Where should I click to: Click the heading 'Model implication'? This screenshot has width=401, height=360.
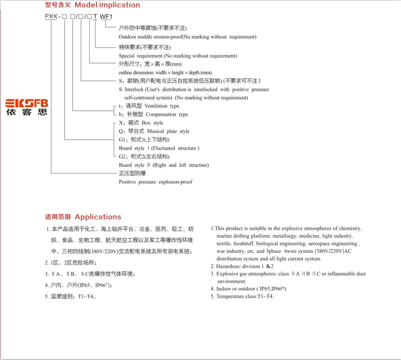pyautogui.click(x=108, y=5)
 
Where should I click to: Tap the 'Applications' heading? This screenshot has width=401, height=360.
pyautogui.click(x=98, y=217)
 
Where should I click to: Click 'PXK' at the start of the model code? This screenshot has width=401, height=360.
pyautogui.click(x=52, y=16)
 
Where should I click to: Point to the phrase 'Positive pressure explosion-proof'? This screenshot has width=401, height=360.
pyautogui.click(x=155, y=182)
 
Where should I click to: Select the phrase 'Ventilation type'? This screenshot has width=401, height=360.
pyautogui.click(x=161, y=106)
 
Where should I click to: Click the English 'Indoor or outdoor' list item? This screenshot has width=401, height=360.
pyautogui.click(x=235, y=289)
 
